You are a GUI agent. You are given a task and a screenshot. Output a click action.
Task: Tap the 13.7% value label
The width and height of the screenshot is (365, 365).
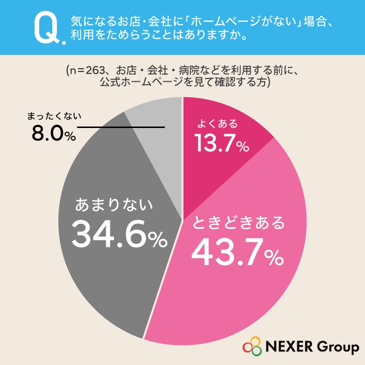coord(221,143)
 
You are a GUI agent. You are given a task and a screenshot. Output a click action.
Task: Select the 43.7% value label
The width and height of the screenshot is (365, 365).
coord(237,252)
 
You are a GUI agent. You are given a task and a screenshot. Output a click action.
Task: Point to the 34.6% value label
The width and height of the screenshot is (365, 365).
coord(119,234)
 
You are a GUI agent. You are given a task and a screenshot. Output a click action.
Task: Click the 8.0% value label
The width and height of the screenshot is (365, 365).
coord(54,134)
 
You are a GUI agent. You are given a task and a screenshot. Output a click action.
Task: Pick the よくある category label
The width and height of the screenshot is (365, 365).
coord(218,124)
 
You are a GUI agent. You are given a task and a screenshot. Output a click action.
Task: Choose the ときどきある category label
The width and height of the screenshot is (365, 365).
coord(238,222)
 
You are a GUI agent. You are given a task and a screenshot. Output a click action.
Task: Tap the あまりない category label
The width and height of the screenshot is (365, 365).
coord(114,204)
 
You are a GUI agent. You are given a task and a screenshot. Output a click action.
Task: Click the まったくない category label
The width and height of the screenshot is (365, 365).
coord(54,116)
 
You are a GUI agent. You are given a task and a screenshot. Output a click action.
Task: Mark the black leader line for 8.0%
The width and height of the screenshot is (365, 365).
coord(121,128)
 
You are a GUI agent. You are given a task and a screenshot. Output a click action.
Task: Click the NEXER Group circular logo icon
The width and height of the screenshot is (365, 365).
coord(253,346)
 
